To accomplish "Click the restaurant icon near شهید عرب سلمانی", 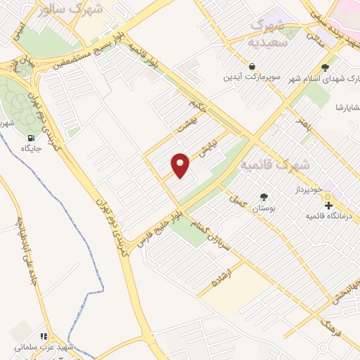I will coord(44,337).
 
